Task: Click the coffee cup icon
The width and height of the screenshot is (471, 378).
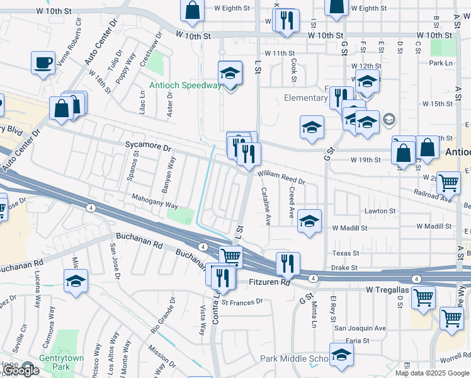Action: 43,62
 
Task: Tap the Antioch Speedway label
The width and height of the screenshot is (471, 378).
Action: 185,86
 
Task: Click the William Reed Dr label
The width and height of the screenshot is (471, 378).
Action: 281,177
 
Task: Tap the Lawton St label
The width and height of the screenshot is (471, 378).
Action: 379,211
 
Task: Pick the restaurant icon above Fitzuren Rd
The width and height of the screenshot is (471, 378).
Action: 288,263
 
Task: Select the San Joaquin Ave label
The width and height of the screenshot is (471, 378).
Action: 360,328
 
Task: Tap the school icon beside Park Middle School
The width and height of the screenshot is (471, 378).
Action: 341,355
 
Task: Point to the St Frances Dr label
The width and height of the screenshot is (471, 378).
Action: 241,302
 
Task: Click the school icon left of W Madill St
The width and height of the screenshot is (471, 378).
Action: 309,220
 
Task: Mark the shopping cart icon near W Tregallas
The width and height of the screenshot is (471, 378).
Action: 423,297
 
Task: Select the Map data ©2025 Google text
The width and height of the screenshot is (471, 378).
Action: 432,373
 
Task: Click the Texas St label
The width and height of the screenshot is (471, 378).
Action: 345,253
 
